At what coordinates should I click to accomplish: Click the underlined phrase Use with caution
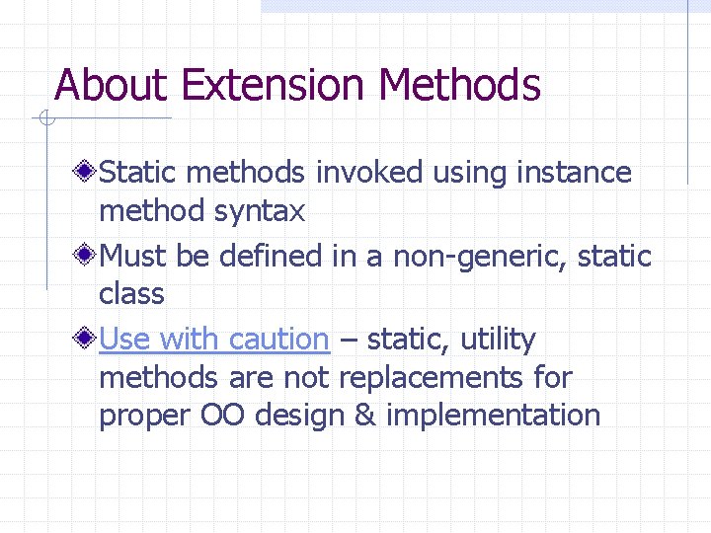214,340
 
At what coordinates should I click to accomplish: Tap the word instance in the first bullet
574,173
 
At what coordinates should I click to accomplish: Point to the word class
131,294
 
